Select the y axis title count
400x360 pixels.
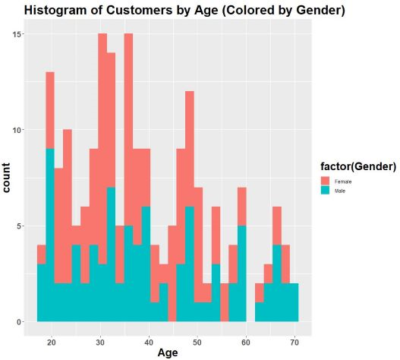[7, 178]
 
